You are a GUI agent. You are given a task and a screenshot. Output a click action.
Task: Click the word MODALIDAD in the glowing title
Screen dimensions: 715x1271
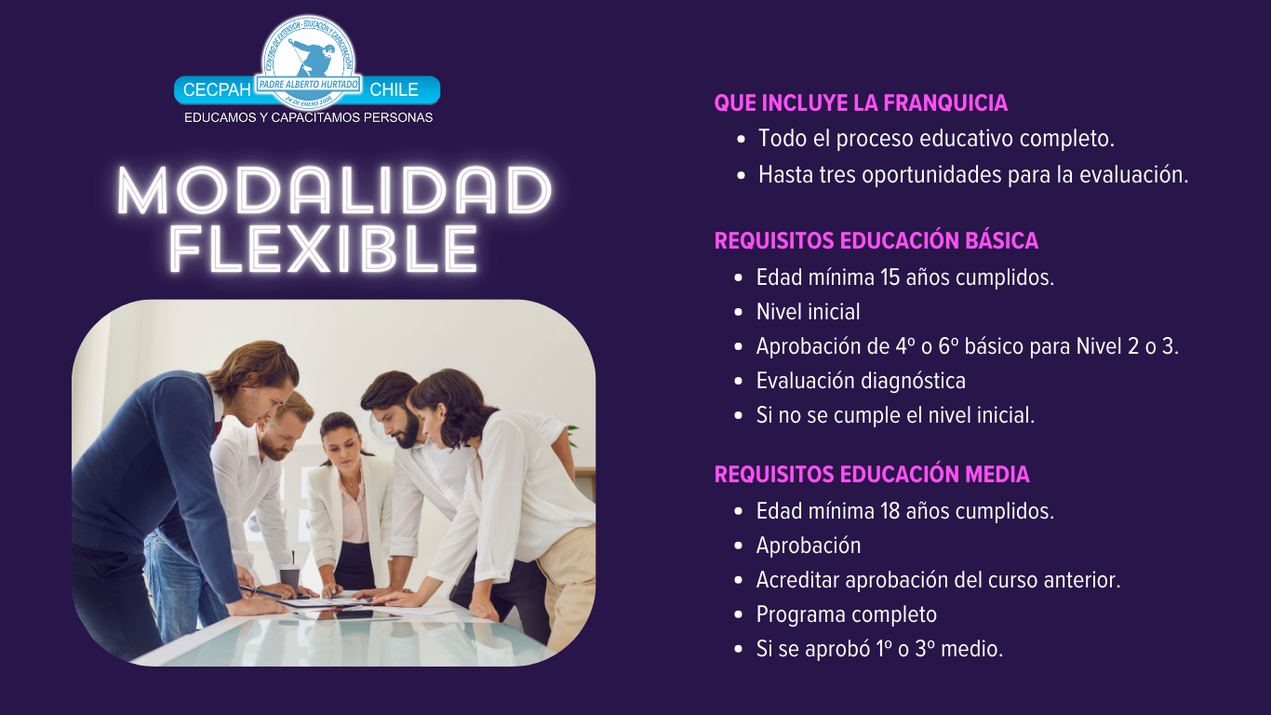tap(334, 192)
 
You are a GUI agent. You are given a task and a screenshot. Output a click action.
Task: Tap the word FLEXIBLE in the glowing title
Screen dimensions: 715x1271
tap(324, 249)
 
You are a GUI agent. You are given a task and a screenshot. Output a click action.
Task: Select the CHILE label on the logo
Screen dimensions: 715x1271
tap(394, 90)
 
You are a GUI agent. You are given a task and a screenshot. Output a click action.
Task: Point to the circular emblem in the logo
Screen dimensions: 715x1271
tap(307, 61)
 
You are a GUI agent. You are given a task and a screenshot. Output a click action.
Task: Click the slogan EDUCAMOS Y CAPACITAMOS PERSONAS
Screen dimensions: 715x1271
tap(308, 118)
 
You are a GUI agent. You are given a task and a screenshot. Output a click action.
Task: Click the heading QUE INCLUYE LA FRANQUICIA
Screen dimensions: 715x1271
tap(861, 103)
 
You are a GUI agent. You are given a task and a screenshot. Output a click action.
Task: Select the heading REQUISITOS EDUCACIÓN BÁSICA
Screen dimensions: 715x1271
tap(876, 241)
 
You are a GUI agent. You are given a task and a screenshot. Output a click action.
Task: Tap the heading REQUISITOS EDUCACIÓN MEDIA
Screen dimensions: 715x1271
tap(872, 475)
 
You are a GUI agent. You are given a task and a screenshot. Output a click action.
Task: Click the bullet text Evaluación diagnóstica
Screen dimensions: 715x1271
tap(861, 381)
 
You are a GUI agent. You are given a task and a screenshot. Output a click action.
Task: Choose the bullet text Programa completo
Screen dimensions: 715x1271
tap(846, 614)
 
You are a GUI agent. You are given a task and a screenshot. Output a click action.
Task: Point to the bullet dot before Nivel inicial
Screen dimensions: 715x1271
tap(738, 313)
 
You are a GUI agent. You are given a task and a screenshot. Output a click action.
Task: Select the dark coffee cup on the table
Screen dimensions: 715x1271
tap(289, 579)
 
